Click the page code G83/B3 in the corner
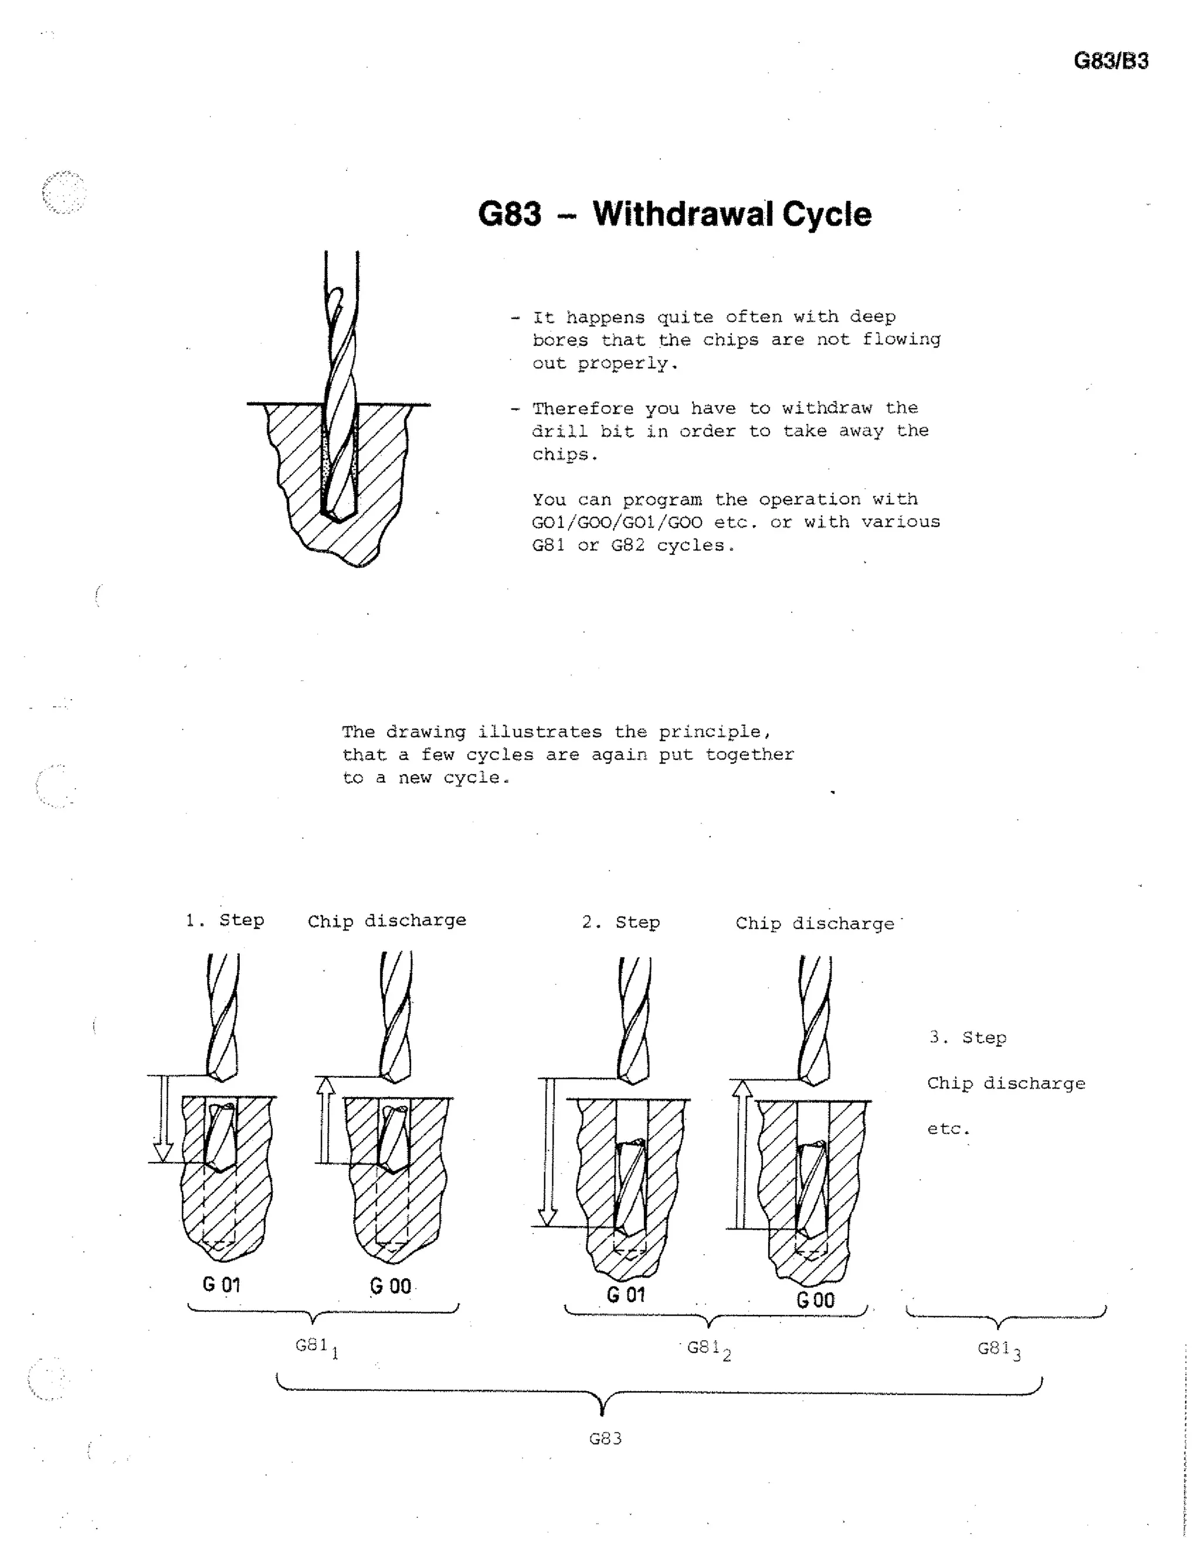1110,61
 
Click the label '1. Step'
225,920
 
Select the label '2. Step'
620,922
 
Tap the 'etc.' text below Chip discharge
948,1129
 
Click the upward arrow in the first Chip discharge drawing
325,1119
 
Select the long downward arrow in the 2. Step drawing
547,1152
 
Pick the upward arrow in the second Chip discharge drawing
742,1153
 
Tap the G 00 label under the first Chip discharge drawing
390,1286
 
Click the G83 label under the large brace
605,1439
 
